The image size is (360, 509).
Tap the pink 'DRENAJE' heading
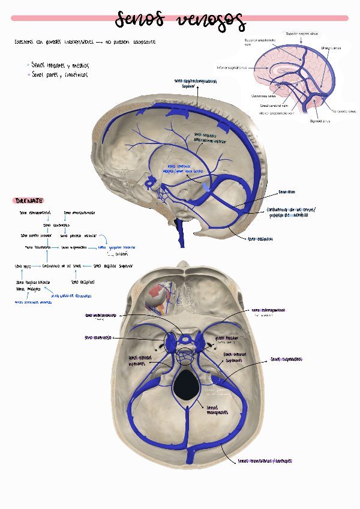(29, 200)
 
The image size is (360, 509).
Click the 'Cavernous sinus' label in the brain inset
(263, 95)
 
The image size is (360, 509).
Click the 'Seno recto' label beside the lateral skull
(287, 193)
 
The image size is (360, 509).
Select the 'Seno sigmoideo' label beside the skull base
(286, 360)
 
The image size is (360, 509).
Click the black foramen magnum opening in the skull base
(188, 384)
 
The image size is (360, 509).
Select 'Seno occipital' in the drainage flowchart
(83, 281)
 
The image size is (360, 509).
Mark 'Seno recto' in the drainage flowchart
(23, 265)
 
